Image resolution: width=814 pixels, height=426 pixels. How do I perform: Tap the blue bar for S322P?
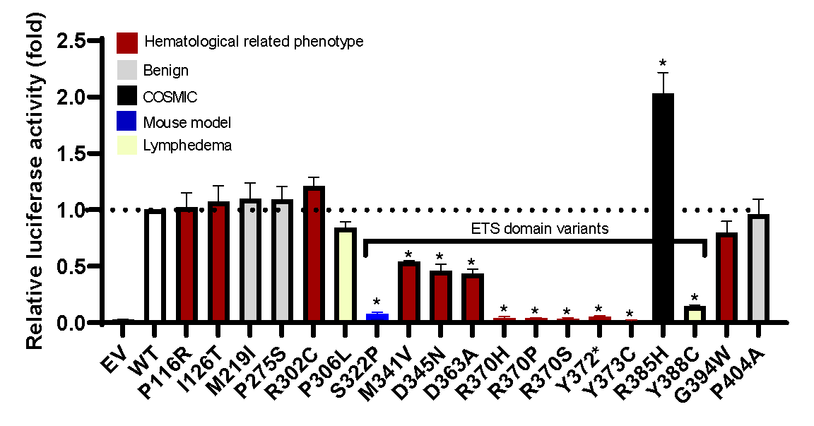(377, 317)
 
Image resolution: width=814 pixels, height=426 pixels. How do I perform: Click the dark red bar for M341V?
(409, 292)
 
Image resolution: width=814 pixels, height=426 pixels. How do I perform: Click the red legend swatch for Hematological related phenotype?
(127, 42)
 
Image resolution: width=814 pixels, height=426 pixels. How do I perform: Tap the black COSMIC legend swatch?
(127, 96)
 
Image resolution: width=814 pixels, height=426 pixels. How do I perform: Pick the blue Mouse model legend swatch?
(127, 122)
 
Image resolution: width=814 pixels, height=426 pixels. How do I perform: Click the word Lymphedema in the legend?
(187, 146)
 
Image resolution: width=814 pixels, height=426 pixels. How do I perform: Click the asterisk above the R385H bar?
(662, 62)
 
